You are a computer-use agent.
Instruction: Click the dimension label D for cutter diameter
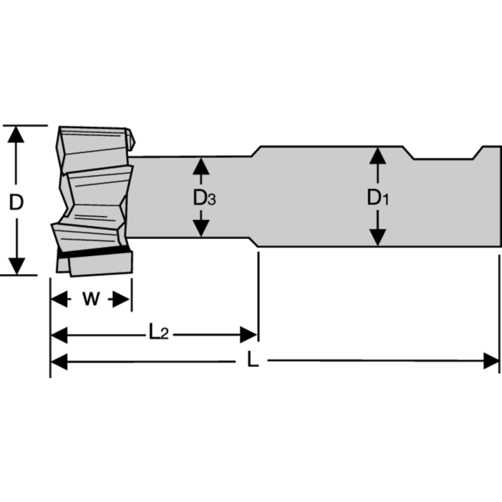17,202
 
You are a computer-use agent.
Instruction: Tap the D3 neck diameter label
204,198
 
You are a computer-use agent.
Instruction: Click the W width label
92,299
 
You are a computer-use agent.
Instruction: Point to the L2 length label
158,333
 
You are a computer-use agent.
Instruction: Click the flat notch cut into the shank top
442,158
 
